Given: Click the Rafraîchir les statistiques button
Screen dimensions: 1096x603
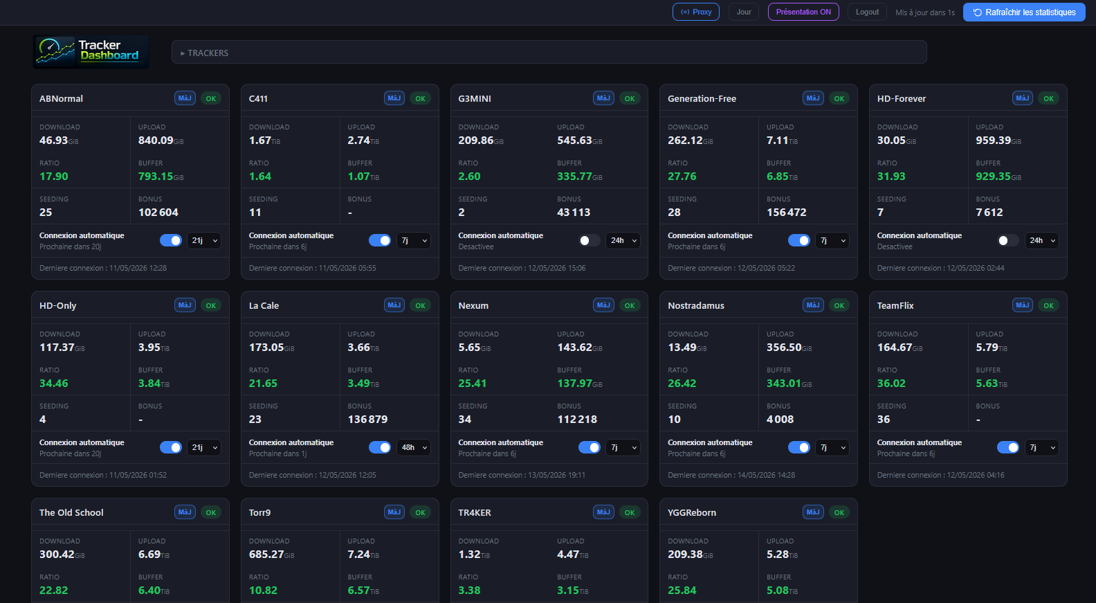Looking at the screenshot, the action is click(1024, 12).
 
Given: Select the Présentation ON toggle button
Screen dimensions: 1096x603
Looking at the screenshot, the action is click(803, 12).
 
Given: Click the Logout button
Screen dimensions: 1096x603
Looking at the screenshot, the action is click(867, 12).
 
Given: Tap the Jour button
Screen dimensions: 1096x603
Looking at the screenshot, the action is click(744, 12).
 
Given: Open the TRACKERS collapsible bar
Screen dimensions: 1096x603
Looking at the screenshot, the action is click(549, 53).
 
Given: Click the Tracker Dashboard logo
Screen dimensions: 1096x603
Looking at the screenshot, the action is click(91, 51).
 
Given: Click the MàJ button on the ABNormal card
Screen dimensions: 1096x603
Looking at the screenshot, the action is click(185, 98).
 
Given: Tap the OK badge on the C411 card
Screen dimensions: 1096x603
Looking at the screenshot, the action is click(420, 98).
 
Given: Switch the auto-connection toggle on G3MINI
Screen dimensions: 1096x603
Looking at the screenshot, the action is click(589, 240).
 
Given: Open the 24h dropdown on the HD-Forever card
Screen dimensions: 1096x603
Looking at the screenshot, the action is click(1042, 240).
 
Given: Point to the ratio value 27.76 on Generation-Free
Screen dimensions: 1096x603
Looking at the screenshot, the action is click(682, 177).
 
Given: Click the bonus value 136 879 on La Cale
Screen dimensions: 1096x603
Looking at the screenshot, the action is click(367, 420).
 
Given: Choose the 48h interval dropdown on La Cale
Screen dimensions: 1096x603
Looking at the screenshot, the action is click(414, 447).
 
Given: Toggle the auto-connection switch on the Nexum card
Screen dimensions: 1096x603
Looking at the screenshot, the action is click(589, 447).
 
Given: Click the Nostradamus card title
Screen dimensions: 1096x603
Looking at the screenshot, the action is click(696, 305).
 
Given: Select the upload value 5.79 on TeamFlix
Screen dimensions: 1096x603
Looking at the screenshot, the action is click(987, 348).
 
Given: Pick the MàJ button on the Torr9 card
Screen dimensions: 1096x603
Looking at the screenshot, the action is click(394, 512).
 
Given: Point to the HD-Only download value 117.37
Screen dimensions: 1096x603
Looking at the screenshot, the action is click(57, 348).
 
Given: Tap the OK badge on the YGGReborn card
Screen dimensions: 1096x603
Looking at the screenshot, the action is click(839, 512).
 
